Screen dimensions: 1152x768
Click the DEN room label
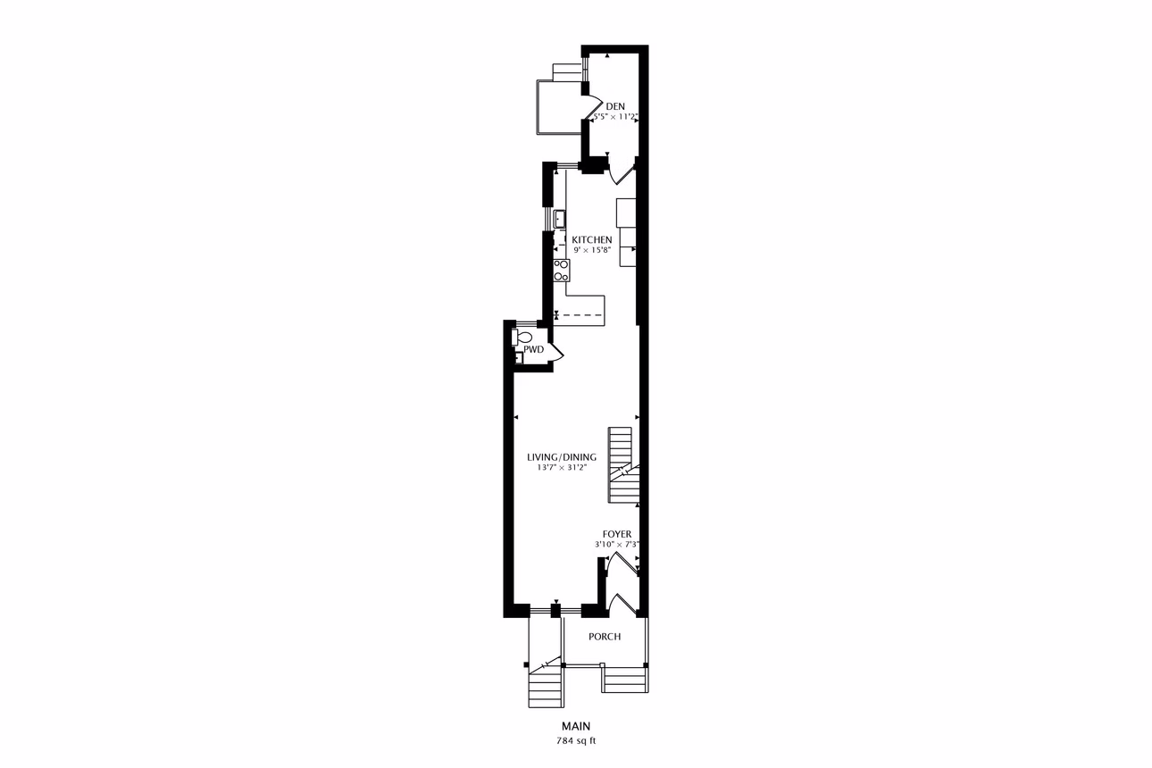[615, 106]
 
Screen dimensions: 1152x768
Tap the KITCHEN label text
[592, 239]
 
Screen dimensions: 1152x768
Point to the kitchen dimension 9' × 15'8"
[592, 251]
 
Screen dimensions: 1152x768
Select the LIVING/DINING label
[562, 457]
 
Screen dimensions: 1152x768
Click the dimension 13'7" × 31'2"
[562, 468]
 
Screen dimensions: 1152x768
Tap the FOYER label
[617, 534]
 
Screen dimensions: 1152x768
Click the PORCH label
[605, 637]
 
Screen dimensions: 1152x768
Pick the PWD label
[534, 350]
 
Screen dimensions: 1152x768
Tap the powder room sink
[519, 358]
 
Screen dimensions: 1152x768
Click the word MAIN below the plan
[576, 726]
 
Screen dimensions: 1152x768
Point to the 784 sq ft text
[576, 741]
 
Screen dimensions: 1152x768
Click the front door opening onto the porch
[622, 605]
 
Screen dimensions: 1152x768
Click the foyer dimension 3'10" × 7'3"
[617, 544]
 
